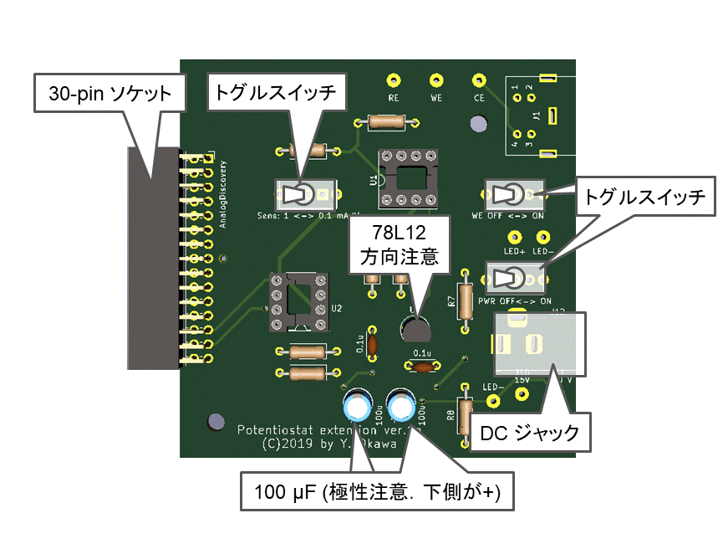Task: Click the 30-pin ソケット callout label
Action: (x=109, y=92)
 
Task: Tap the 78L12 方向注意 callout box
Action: (x=399, y=243)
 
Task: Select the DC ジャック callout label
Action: (x=529, y=433)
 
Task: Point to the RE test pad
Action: (x=394, y=80)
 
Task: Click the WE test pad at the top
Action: (x=435, y=80)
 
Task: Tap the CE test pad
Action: (x=478, y=80)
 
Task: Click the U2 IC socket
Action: (x=296, y=300)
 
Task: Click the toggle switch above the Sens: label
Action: (x=304, y=195)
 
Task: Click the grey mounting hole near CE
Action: (x=479, y=123)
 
